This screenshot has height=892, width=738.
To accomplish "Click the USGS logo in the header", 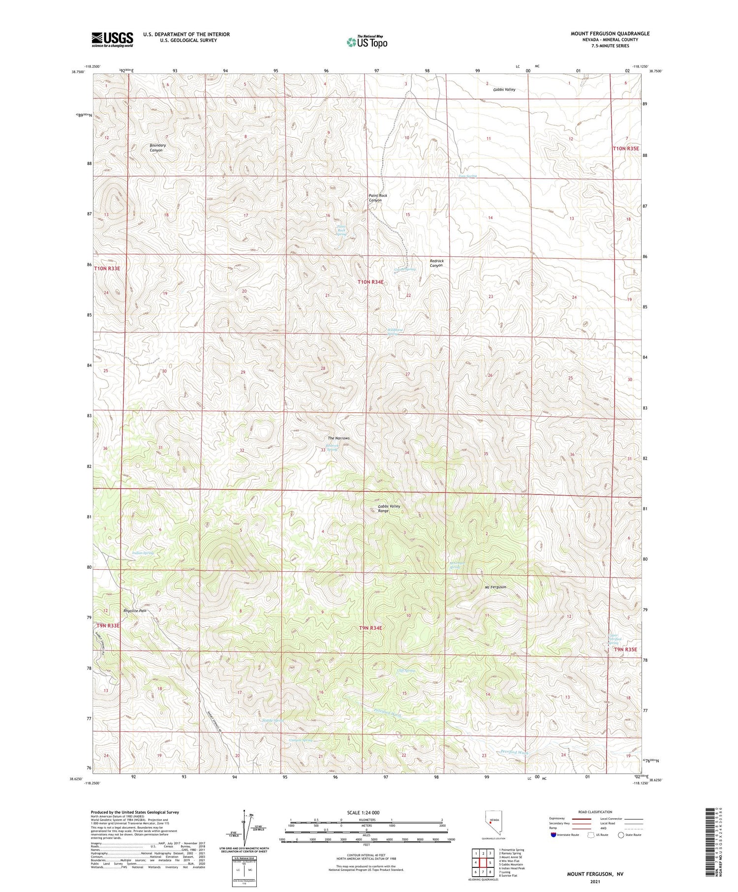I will coord(112,39).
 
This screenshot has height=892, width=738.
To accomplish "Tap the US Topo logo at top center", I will coord(367,42).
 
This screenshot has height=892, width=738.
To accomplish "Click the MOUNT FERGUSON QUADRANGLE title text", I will coord(610,33).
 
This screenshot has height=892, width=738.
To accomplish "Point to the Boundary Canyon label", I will coord(158,148).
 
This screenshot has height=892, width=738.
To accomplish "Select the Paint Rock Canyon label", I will coord(378,198).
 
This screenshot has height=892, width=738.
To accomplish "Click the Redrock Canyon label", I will coord(436,263).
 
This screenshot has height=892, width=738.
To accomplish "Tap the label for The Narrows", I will coord(338,438).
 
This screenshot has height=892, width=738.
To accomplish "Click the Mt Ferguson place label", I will coord(495,587).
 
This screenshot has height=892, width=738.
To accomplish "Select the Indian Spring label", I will coord(143,553).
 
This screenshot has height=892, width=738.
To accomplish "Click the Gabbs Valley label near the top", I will coord(504,90).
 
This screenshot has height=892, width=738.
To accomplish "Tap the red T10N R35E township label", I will coord(625,148).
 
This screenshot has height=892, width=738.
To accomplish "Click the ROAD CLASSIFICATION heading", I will coord(595,812).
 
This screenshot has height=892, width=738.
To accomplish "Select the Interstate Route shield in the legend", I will coord(553,835).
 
